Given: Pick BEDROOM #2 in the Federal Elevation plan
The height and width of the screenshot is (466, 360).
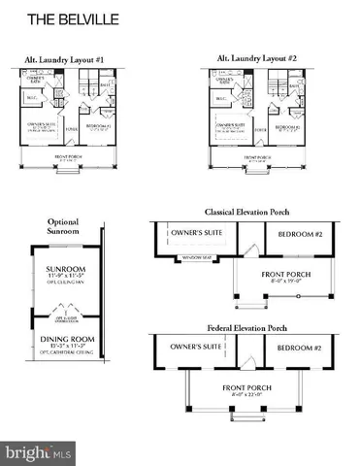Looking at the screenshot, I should pyautogui.click(x=299, y=348).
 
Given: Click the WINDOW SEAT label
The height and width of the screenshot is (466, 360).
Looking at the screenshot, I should pyautogui.click(x=201, y=257).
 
